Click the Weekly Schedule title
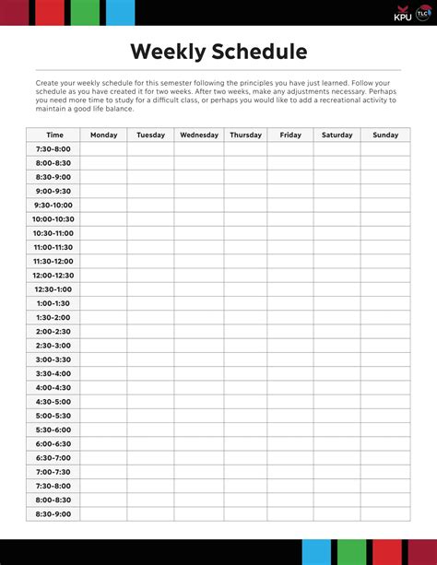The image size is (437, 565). (x=218, y=51)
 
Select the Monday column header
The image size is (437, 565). (x=104, y=135)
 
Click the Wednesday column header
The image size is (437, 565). (x=199, y=135)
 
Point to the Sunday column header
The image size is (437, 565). (x=385, y=135)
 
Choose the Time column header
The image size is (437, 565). (x=55, y=135)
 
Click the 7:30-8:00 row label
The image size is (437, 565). (x=53, y=148)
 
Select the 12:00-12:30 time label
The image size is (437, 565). (x=53, y=275)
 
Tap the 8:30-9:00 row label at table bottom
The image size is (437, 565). (x=53, y=513)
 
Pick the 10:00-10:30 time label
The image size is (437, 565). (x=53, y=218)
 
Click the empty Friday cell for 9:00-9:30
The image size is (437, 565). (x=290, y=191)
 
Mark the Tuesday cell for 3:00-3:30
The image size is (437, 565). (x=151, y=359)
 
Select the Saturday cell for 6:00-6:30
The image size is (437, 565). (x=337, y=443)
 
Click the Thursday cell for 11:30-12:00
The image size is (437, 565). (x=245, y=261)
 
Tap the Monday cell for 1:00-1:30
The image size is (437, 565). (x=104, y=303)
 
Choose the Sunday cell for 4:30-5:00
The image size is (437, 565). (x=385, y=401)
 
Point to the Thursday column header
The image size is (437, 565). (x=245, y=135)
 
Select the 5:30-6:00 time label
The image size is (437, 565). (x=53, y=430)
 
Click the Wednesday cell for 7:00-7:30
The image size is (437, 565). (x=199, y=472)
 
